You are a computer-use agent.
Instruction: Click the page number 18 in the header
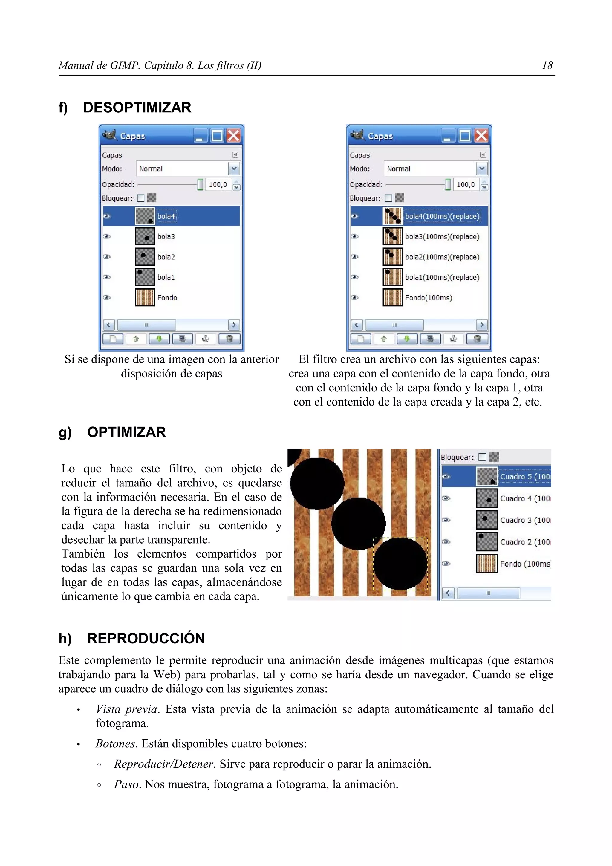click(547, 66)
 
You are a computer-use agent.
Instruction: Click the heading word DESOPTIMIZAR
click(137, 108)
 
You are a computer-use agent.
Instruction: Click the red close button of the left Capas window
click(234, 135)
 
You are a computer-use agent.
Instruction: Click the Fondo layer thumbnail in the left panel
click(145, 298)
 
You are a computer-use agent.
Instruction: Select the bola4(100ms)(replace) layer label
click(442, 216)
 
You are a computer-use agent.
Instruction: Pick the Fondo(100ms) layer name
click(428, 298)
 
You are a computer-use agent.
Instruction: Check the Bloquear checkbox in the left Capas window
click(141, 198)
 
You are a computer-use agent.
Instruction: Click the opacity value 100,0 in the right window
click(465, 185)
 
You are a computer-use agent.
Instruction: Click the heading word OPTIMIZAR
click(126, 432)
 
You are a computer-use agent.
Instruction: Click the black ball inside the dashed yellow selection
click(400, 564)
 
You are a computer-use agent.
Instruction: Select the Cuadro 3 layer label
click(525, 521)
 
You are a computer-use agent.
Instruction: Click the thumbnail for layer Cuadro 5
click(487, 476)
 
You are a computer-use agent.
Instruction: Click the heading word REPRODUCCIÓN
click(146, 639)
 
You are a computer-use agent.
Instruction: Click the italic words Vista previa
click(126, 709)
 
